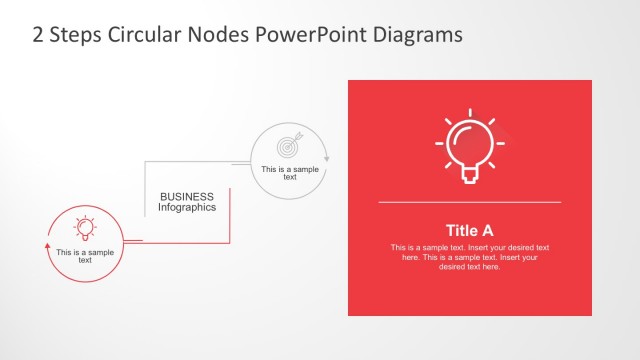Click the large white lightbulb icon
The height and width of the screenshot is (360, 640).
[x=469, y=146]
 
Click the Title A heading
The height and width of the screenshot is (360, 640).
[x=469, y=229]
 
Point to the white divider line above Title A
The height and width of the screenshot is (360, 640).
[x=469, y=202]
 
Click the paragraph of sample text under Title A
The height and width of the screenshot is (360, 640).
[x=469, y=257]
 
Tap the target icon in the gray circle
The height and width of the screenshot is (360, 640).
[x=288, y=147]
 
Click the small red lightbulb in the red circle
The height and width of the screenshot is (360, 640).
[x=86, y=228]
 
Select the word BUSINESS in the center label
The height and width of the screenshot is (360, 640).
[x=187, y=198]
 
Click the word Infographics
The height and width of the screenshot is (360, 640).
[x=187, y=209]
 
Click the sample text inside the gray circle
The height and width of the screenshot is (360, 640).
[x=289, y=172]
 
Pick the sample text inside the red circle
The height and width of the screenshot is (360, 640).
[x=86, y=256]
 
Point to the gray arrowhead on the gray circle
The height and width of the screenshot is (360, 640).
[x=327, y=158]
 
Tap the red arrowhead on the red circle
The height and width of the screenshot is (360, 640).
[x=47, y=241]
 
